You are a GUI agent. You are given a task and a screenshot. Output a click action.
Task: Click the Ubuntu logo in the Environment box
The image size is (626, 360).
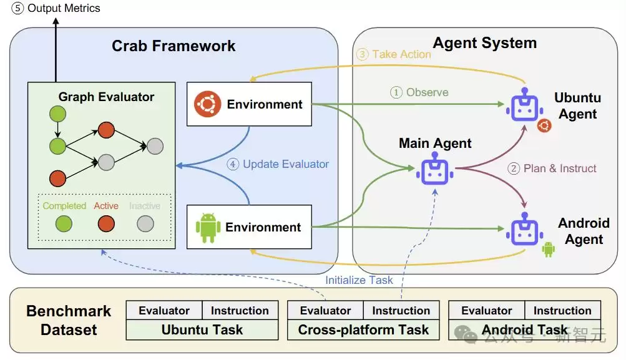pyautogui.click(x=207, y=104)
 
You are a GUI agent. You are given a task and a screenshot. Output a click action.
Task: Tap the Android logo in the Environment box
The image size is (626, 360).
pyautogui.click(x=208, y=228)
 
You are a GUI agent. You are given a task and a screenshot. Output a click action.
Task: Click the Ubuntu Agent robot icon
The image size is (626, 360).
pyautogui.click(x=525, y=105)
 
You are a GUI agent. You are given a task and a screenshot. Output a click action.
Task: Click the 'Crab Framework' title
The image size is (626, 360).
pyautogui.click(x=174, y=46)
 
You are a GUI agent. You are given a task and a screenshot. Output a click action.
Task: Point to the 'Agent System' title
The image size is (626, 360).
pyautogui.click(x=485, y=42)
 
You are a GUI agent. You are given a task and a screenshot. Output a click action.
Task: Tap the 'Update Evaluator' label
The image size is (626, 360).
pyautogui.click(x=286, y=164)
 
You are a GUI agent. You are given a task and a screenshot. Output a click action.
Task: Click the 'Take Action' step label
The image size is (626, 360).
pyautogui.click(x=402, y=54)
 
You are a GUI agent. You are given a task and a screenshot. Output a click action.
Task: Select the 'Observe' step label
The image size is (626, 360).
pyautogui.click(x=427, y=92)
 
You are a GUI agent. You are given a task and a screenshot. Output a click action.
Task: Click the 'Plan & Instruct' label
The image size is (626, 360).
pyautogui.click(x=560, y=168)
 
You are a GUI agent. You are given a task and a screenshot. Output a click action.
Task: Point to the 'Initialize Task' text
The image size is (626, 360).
pyautogui.click(x=359, y=280)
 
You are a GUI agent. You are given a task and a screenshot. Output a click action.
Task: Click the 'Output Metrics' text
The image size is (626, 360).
pyautogui.click(x=64, y=8)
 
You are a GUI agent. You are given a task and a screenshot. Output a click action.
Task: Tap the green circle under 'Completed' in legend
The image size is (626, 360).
pyautogui.click(x=64, y=223)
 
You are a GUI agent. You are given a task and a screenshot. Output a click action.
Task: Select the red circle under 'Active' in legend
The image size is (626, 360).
pyautogui.click(x=106, y=223)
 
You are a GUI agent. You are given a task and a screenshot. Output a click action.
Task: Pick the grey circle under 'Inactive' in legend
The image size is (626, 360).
pyautogui.click(x=145, y=223)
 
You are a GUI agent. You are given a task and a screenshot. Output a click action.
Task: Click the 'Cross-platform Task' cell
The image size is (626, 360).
pyautogui.click(x=363, y=329)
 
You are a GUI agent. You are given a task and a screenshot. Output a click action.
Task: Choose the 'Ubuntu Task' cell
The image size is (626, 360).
pyautogui.click(x=202, y=329)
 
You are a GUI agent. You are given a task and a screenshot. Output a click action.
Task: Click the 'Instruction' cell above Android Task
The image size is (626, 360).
pyautogui.click(x=562, y=311)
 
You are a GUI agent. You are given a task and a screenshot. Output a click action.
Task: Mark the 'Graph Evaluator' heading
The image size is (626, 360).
pyautogui.click(x=106, y=97)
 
